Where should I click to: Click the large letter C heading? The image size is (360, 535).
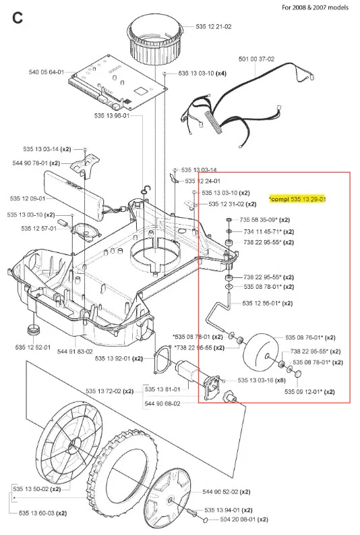(x=18, y=18)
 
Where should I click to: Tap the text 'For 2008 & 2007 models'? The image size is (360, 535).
(x=315, y=7)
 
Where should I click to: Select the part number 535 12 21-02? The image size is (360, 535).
(x=214, y=26)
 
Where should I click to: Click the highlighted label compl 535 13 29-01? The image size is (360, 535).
(x=297, y=199)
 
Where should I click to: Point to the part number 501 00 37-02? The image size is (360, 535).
(x=256, y=59)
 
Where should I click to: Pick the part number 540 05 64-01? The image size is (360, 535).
(x=47, y=72)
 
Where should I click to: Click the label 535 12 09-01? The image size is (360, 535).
(x=28, y=198)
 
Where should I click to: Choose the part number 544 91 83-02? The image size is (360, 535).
(x=75, y=351)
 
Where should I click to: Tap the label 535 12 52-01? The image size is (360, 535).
(x=33, y=347)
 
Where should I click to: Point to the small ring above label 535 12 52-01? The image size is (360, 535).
(x=34, y=331)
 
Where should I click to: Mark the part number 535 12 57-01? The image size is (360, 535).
(x=39, y=228)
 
